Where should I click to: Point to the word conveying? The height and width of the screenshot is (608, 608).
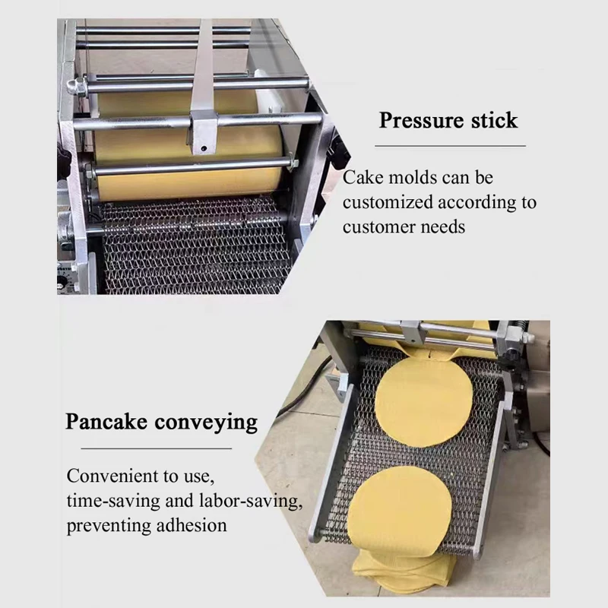pos(211,423)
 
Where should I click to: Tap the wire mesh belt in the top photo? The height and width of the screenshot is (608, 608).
pos(190,243)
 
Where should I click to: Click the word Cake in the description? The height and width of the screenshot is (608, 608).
pos(360,178)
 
